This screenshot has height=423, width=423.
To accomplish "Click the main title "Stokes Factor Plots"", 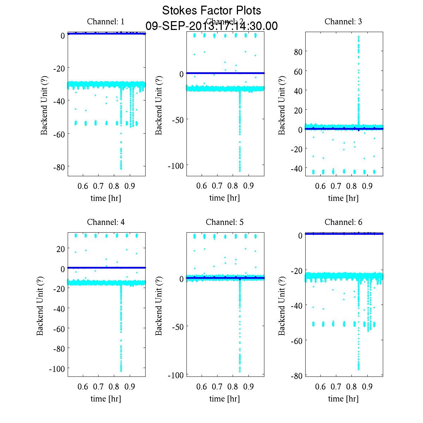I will [x=211, y=11].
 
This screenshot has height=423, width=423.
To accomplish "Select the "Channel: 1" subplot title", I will [x=106, y=22].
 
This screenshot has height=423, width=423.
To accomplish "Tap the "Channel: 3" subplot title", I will [x=343, y=22].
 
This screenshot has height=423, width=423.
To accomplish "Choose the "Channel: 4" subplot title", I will [x=106, y=222].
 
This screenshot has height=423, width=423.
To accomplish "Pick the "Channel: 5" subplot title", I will [x=225, y=222].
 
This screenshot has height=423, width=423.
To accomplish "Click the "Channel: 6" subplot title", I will [x=343, y=222].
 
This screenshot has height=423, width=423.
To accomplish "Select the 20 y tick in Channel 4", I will [x=60, y=249].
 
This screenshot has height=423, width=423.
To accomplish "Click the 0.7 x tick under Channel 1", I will [x=98, y=186].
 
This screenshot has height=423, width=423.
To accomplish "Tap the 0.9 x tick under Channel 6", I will [x=367, y=387].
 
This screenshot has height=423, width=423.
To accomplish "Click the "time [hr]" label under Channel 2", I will [x=225, y=198].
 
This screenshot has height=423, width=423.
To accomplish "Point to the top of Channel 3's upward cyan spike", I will [x=359, y=36].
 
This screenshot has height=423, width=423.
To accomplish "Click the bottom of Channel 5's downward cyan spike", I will [x=240, y=371].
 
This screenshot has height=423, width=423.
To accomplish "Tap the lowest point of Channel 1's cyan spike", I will [x=121, y=168].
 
